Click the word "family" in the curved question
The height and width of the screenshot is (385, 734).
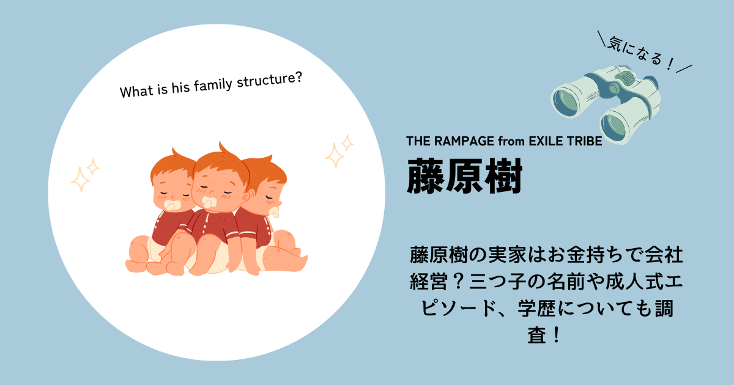(x=213, y=86)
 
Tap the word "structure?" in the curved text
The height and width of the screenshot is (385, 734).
(x=269, y=80)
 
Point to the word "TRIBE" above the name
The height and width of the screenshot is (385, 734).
(x=585, y=141)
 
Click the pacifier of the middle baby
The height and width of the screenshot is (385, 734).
(x=209, y=202)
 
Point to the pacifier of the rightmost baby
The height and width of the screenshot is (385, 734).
(x=275, y=211)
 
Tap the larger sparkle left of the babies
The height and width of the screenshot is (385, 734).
(x=80, y=180)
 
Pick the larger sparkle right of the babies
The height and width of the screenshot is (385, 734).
(x=335, y=155)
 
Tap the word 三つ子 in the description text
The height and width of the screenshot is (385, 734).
(x=497, y=281)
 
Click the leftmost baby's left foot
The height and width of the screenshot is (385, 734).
(x=136, y=265)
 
